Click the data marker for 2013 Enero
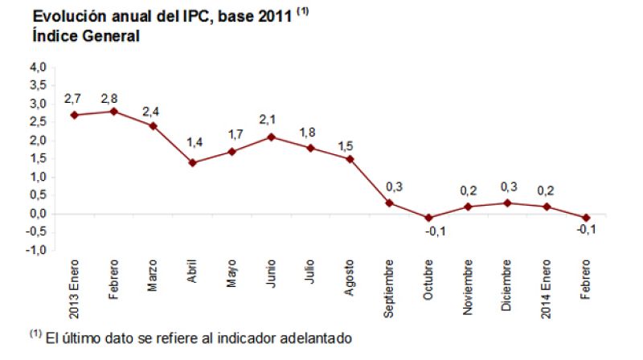(x=74, y=115)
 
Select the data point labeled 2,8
(x=113, y=111)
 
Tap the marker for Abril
(x=192, y=162)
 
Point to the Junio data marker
(x=271, y=137)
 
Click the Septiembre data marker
(x=389, y=202)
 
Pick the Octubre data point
(x=428, y=218)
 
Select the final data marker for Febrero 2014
(x=586, y=218)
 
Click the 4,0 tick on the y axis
(x=37, y=67)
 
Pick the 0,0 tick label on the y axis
(x=37, y=214)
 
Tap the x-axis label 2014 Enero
(x=547, y=285)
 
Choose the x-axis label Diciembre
(x=507, y=283)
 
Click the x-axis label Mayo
(x=231, y=273)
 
